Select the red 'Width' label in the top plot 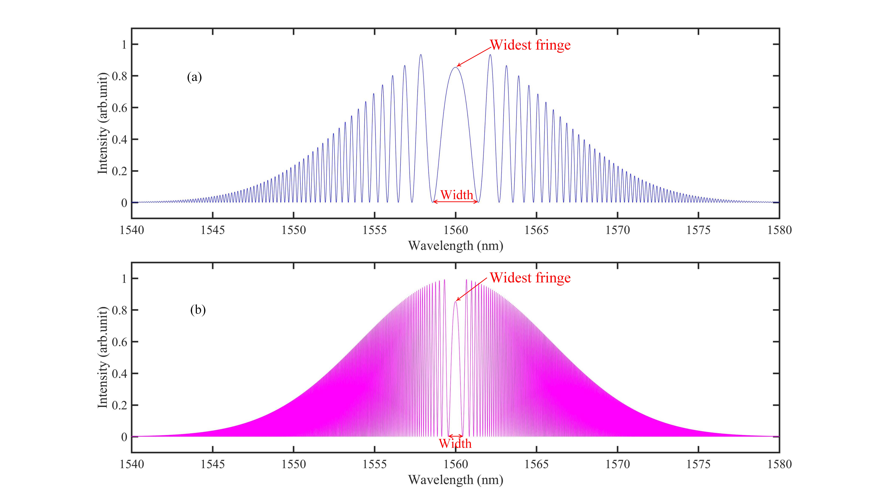tap(456, 195)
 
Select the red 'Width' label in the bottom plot tap(455, 443)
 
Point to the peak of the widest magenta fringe tap(455, 302)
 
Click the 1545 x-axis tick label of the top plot tap(213, 230)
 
